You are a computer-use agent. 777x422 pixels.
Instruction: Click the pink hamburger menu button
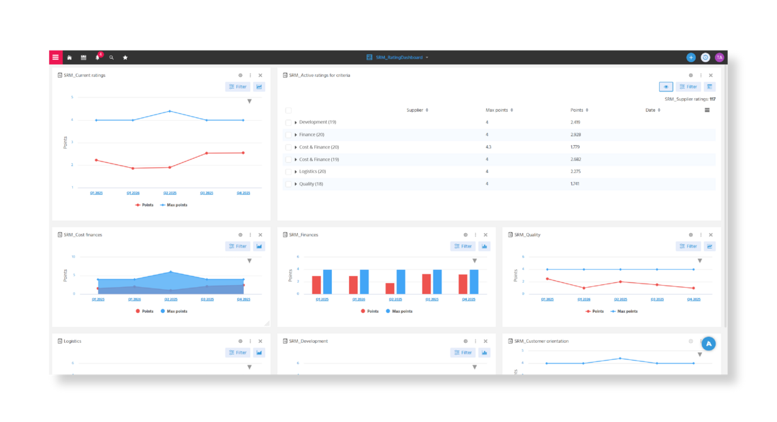coord(55,57)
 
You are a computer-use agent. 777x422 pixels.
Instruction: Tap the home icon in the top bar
coord(70,57)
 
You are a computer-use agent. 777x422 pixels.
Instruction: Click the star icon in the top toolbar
coord(125,57)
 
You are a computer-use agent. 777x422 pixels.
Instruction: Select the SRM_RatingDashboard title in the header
coord(399,57)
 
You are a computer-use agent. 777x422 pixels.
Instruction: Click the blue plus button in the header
coord(691,57)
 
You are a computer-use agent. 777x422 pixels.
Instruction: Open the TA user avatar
coord(719,57)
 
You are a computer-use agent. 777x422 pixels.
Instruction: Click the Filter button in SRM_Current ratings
coord(238,87)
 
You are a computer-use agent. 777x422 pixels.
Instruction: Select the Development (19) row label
coord(317,122)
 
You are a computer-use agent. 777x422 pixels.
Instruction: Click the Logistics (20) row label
coord(312,172)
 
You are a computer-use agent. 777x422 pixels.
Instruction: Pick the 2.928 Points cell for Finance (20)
coord(576,134)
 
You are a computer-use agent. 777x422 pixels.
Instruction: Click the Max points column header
coord(498,110)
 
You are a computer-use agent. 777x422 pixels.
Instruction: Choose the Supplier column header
coord(416,110)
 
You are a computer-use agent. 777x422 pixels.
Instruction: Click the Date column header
coord(652,110)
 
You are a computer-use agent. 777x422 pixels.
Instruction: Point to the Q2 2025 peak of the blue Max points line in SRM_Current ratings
coord(170,111)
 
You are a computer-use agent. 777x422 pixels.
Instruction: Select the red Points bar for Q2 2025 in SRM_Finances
coord(390,288)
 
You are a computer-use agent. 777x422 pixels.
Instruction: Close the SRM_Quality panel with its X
coord(711,235)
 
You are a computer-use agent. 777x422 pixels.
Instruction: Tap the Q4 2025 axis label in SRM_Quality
coord(693,299)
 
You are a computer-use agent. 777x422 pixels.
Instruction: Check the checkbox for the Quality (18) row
coord(288,184)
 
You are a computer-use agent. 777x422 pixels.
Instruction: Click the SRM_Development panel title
coord(309,341)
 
